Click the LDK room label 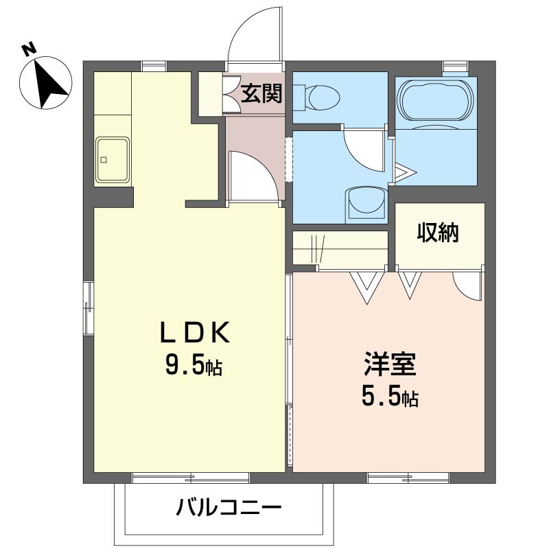coord(195,332)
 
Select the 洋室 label coord(390,364)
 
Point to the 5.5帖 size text coord(390,397)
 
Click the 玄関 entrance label coord(261,93)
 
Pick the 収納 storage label coord(438,233)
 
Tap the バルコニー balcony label coord(229,508)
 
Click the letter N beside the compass coord(30,49)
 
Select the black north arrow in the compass coord(49,84)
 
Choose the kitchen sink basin coord(113,159)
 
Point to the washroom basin coord(366,205)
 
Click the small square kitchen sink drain coord(104,160)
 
